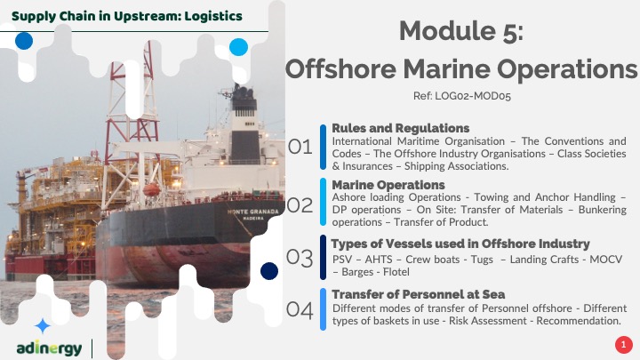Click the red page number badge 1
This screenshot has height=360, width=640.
(623, 345)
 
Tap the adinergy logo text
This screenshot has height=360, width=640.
(49, 348)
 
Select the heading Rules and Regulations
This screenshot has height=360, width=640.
(400, 128)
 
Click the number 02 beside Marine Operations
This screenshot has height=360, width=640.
(300, 205)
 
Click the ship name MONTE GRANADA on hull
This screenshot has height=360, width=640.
(253, 212)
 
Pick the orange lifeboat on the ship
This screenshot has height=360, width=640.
(151, 189)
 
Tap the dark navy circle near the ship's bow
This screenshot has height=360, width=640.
(269, 271)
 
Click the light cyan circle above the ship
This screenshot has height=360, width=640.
(239, 47)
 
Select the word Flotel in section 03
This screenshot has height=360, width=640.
(396, 272)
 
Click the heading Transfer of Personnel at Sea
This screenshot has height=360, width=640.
(419, 294)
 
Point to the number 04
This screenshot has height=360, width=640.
(300, 310)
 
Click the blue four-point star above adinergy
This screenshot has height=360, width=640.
(43, 326)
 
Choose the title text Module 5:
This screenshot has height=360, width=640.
(461, 31)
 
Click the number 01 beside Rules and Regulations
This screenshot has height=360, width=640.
(300, 147)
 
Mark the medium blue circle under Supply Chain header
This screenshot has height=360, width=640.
(24, 41)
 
